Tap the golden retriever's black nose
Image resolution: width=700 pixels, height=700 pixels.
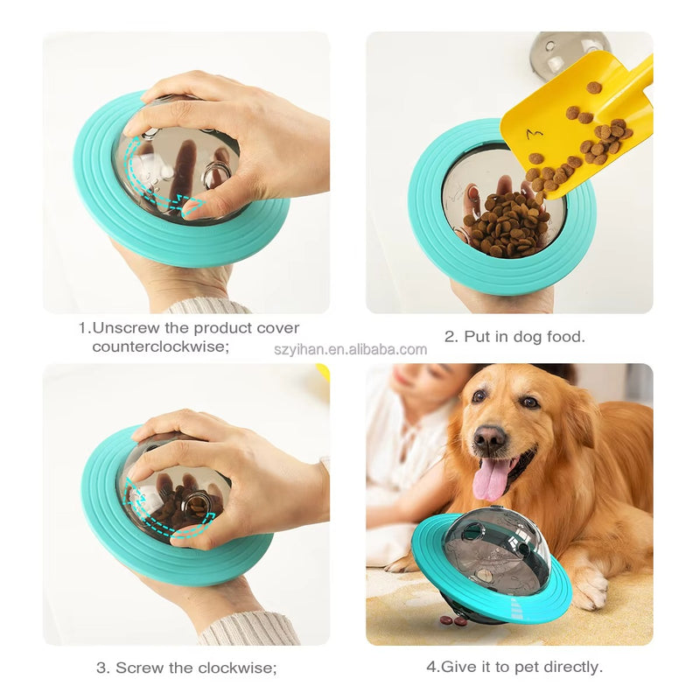[x=490, y=438]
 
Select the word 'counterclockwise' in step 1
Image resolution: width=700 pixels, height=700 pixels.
[x=161, y=347]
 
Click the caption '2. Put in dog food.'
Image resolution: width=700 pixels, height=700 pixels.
[x=514, y=336]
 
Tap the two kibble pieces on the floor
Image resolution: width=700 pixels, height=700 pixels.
[x=453, y=620]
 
